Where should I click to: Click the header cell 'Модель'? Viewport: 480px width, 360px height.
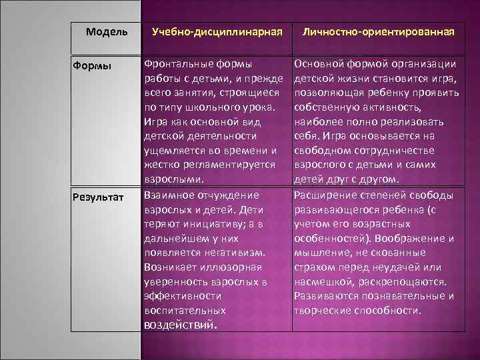[107, 31]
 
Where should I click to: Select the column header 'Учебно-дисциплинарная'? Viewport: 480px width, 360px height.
[217, 31]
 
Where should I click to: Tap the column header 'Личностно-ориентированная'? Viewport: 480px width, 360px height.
[379, 31]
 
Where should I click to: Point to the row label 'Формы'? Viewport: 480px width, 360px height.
[92, 66]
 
